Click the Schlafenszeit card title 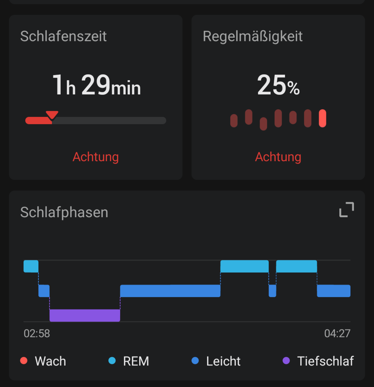coord(63,36)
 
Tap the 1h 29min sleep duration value coord(96,85)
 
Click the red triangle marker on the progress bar coord(52,115)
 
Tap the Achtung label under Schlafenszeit coord(95,157)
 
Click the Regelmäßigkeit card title coord(252,36)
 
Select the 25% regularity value coord(278,85)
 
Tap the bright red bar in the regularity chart coord(322,118)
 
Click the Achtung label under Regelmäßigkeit coord(278,157)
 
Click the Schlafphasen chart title coord(64,212)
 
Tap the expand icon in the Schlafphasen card coord(346,210)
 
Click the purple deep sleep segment coord(85,315)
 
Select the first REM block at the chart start coord(31,266)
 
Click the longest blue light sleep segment coord(170,291)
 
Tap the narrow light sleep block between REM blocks coord(273,291)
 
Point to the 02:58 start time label coord(37,334)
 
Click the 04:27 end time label coord(337,334)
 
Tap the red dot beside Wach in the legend coord(24,361)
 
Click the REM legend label coord(136,361)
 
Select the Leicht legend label coord(223,361)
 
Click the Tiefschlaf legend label coord(325,361)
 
